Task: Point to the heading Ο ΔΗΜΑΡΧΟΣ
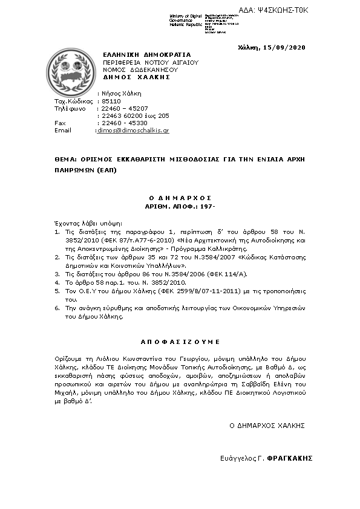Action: pyautogui.click(x=180, y=197)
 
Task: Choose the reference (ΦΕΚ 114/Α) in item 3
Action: pyautogui.click(x=200, y=273)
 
